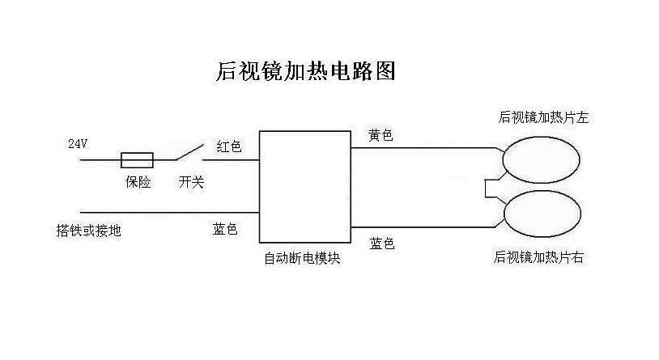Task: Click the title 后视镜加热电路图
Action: pyautogui.click(x=306, y=72)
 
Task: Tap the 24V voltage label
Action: pyautogui.click(x=77, y=144)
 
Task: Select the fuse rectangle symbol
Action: pyautogui.click(x=138, y=159)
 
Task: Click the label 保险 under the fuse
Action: pyautogui.click(x=138, y=182)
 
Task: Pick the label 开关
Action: pyautogui.click(x=191, y=182)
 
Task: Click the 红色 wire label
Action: pyautogui.click(x=229, y=146)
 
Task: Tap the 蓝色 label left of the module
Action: pyautogui.click(x=225, y=230)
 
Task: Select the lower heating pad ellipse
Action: pyautogui.click(x=542, y=214)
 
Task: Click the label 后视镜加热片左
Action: pyautogui.click(x=542, y=117)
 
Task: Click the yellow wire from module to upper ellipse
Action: pyautogui.click(x=421, y=148)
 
